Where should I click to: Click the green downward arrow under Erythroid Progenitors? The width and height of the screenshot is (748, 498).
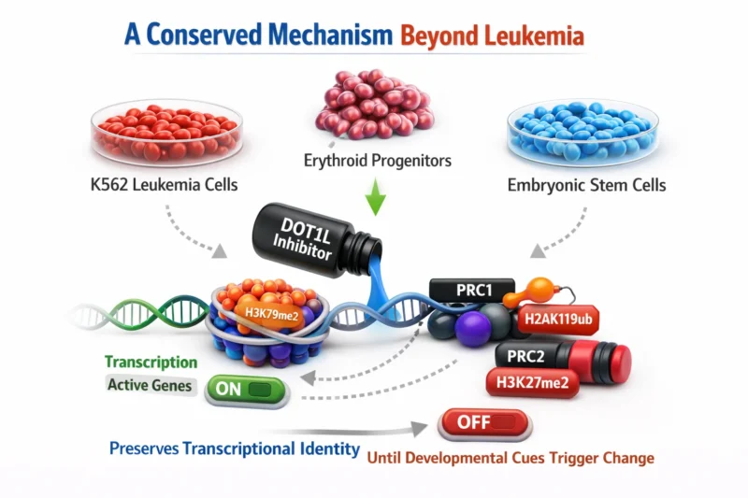coord(372,202)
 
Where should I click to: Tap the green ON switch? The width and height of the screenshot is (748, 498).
coord(248,386)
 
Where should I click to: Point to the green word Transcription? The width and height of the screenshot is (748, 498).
coord(151,362)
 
